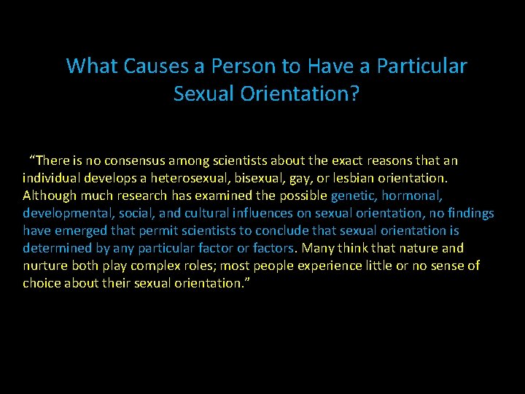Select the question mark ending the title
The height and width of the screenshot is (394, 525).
point(355,94)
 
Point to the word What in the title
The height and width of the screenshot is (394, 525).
point(90,66)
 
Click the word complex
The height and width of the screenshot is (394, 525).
point(157,266)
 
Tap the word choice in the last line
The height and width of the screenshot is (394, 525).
point(41,283)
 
